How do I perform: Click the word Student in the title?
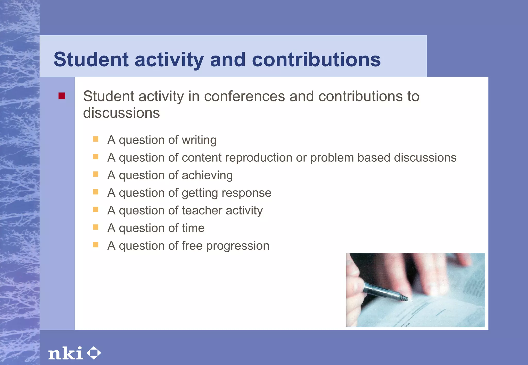pos(91,59)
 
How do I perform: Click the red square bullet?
pos(62,96)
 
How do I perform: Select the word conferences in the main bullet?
pos(244,97)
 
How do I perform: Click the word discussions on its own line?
pos(121,113)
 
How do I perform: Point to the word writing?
pos(199,140)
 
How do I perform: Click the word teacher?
pos(202,211)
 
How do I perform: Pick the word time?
pos(193,228)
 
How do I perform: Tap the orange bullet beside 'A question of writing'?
pos(96,139)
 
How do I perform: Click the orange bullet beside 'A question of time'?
pos(96,227)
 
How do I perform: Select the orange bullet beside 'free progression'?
pos(96,245)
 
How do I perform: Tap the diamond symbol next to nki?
pos(94,353)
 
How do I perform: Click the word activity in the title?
pos(169,59)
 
